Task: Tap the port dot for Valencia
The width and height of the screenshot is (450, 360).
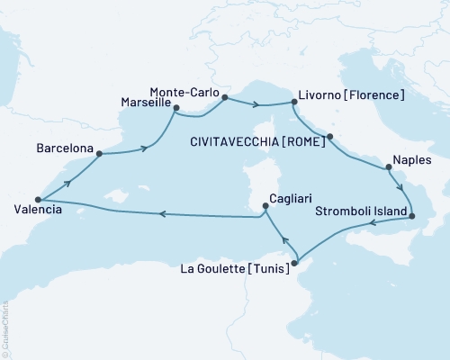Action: (38, 200)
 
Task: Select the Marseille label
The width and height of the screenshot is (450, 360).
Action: (146, 103)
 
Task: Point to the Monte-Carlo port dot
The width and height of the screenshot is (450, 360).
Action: (226, 97)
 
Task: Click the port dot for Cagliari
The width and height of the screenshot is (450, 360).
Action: (265, 206)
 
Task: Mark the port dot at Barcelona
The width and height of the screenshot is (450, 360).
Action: (98, 154)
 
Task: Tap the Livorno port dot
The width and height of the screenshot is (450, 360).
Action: (293, 103)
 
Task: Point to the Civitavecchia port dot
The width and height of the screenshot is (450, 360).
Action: (330, 137)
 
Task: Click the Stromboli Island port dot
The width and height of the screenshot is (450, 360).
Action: (411, 216)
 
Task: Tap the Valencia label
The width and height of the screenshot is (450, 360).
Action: (37, 211)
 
